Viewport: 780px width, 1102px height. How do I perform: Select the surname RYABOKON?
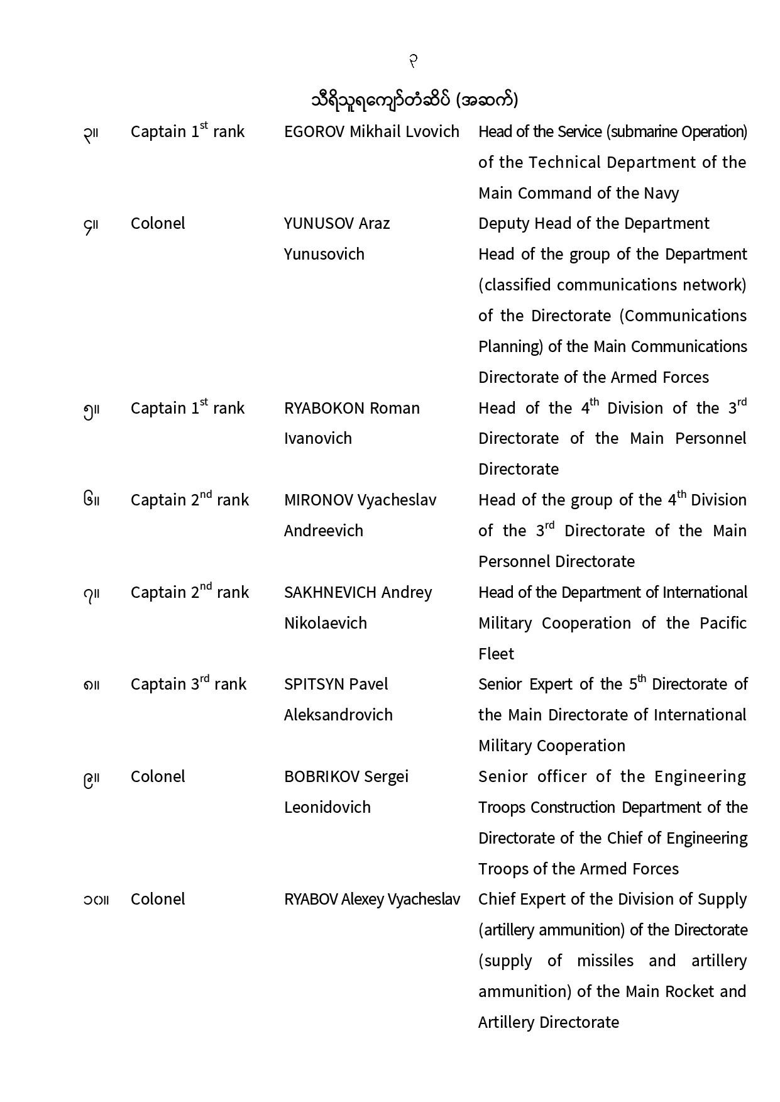point(324,409)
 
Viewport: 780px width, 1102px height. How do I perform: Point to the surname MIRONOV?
point(318,500)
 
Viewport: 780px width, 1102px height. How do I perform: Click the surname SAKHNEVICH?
point(330,593)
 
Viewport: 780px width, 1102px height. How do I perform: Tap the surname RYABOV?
point(310,900)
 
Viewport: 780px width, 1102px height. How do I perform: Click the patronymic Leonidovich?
point(327,808)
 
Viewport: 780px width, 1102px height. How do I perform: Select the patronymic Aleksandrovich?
point(338,715)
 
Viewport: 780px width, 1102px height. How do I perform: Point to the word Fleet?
point(496,654)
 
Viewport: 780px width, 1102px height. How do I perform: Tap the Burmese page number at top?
point(413,61)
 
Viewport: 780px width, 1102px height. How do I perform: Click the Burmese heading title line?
point(414,100)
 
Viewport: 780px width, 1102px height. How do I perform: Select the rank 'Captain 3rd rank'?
point(188,685)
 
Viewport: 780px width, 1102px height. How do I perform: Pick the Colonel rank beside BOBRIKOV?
point(158,777)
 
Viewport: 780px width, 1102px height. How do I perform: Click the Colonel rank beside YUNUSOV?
point(158,224)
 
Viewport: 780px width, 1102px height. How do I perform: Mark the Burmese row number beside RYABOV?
point(96,900)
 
